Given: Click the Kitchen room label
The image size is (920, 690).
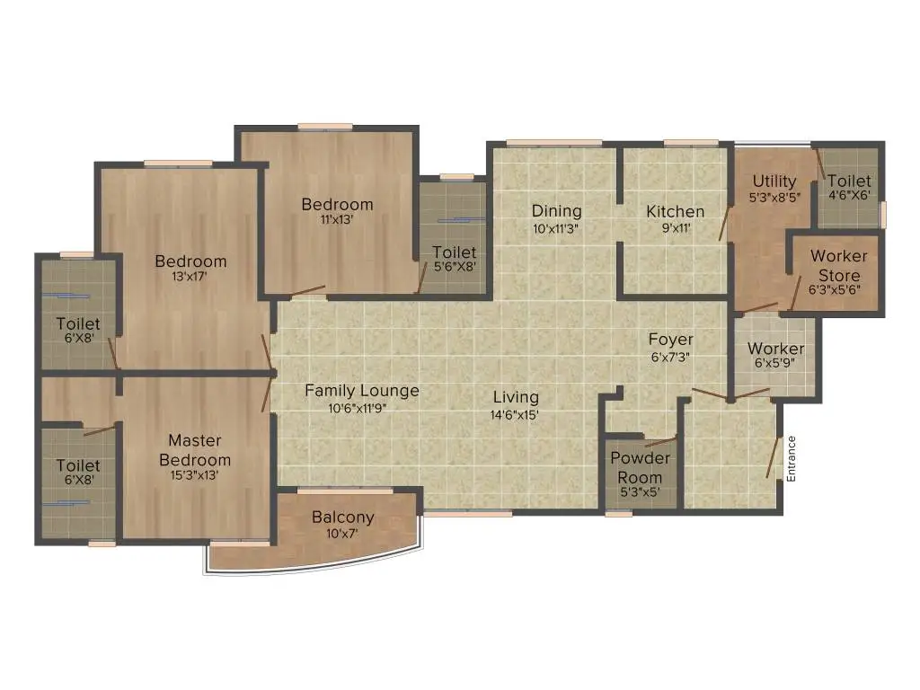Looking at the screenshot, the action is (x=676, y=211).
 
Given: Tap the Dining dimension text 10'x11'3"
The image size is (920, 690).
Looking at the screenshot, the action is (x=555, y=228).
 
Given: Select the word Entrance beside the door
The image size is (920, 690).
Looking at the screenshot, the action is (x=791, y=459).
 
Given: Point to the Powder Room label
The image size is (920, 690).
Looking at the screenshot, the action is (x=640, y=467).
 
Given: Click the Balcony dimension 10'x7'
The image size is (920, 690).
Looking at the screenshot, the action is (x=342, y=534).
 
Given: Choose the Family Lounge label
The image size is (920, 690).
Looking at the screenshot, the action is (x=362, y=391).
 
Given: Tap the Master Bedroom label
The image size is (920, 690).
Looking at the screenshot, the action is (x=195, y=450).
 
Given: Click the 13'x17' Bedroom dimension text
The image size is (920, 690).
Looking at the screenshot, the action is (x=190, y=277).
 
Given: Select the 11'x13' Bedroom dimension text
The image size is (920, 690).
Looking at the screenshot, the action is (x=337, y=219).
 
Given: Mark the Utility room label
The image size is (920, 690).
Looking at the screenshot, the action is (x=774, y=181).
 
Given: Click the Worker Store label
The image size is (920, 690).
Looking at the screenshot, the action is (x=839, y=266).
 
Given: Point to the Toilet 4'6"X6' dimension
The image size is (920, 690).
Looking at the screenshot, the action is (x=849, y=195).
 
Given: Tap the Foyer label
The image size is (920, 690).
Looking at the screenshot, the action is (x=670, y=339).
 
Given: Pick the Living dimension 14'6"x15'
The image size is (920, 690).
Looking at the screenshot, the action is (x=515, y=415).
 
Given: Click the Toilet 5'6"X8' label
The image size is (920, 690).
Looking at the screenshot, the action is (x=455, y=252).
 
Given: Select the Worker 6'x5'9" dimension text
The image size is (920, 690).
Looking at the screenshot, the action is (x=775, y=363).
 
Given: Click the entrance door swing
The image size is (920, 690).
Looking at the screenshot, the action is (x=774, y=457).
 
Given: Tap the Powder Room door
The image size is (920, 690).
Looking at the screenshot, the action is (x=660, y=441).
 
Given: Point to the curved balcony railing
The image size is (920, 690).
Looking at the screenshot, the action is (x=314, y=569).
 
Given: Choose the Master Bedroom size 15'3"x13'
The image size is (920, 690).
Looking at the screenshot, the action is (x=195, y=475).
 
